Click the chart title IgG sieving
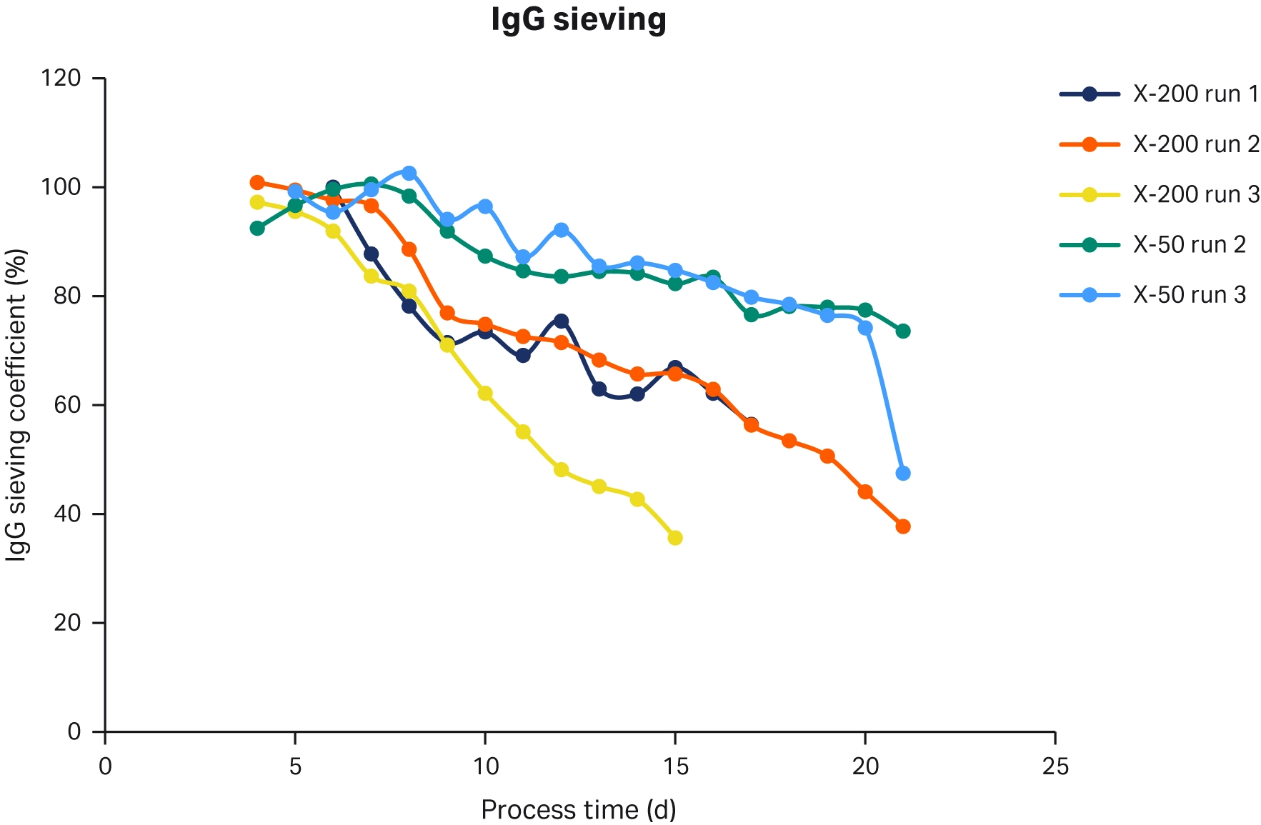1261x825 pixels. (578, 19)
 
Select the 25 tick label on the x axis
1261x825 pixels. (1055, 766)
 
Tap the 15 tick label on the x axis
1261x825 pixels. (675, 766)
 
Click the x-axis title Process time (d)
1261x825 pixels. (578, 809)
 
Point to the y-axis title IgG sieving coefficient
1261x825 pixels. (17, 404)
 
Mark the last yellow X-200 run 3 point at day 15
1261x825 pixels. (675, 538)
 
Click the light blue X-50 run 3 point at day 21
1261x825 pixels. (903, 473)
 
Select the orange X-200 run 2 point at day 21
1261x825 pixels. (903, 526)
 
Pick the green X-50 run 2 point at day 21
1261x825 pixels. (903, 331)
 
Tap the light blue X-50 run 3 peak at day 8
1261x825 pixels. (409, 173)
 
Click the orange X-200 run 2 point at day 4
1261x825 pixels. (257, 182)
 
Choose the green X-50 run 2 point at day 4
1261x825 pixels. (257, 229)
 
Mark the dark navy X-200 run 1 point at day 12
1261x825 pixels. (561, 321)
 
